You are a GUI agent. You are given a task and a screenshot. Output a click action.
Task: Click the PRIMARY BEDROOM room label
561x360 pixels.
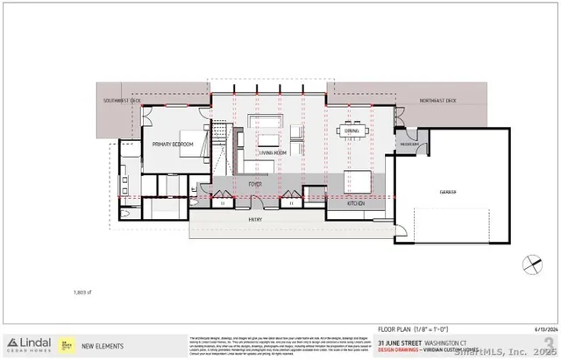click(x=173, y=144)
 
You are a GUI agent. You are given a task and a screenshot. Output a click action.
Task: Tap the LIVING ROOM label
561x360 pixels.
click(x=273, y=152)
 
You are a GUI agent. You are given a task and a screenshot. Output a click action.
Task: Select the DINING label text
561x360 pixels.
click(x=352, y=131)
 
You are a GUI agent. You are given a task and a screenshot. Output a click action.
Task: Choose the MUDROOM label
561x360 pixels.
click(x=409, y=144)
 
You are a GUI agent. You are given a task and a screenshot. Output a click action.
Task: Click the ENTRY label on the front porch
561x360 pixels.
click(x=255, y=220)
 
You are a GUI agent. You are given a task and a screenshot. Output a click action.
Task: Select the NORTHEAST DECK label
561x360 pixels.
click(x=438, y=102)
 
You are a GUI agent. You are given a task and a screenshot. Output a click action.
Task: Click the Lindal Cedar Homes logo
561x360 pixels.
click(x=31, y=343)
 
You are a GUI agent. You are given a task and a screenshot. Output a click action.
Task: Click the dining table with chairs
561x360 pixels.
click(x=352, y=132)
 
